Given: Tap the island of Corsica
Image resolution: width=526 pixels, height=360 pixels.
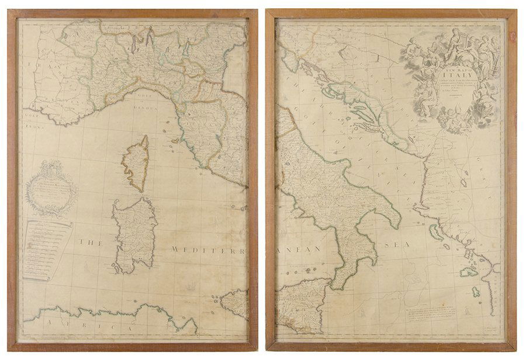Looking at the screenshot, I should [x=136, y=164].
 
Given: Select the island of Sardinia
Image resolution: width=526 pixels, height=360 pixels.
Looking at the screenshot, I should [x=134, y=234].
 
